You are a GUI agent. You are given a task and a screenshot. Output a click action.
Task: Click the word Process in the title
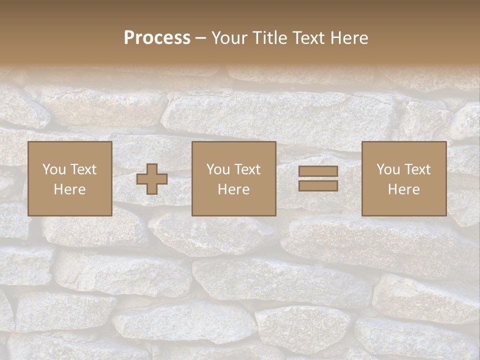click(x=157, y=38)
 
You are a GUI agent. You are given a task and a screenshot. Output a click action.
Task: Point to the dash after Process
click(x=201, y=38)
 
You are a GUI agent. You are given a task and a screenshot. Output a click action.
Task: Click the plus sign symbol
click(x=152, y=179)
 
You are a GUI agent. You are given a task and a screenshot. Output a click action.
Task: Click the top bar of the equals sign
click(x=318, y=171)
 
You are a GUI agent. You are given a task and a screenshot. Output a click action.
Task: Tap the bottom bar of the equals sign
click(x=318, y=185)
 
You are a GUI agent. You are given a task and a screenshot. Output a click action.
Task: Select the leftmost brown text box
click(x=69, y=179)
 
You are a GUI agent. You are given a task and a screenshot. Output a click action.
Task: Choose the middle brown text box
click(x=233, y=179)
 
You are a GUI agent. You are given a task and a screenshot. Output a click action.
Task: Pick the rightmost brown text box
click(x=403, y=179)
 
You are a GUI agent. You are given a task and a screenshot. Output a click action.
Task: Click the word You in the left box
click(x=54, y=169)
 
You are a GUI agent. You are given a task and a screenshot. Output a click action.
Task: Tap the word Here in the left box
click(x=69, y=189)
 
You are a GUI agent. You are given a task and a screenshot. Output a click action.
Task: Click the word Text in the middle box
click(x=247, y=169)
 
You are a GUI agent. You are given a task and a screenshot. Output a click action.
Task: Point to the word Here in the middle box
click(x=233, y=189)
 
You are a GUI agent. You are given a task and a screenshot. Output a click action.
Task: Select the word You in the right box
click(x=388, y=169)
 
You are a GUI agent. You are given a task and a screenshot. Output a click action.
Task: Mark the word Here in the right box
click(x=403, y=189)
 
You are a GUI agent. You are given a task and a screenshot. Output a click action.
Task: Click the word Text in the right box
click(x=417, y=169)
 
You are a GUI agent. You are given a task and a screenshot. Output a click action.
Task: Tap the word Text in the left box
click(x=83, y=169)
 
